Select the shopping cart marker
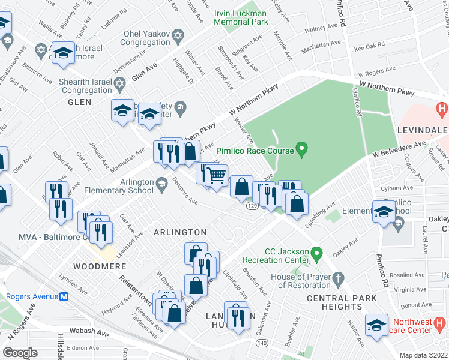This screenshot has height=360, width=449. tap(215, 175)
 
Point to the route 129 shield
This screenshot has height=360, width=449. tap(252, 206)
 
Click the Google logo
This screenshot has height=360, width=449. tap(20, 352)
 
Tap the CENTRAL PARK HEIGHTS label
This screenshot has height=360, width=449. tap(342, 302)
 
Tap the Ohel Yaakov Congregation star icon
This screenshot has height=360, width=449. tap(177, 38)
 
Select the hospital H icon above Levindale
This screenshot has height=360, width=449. tap(442, 110)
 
